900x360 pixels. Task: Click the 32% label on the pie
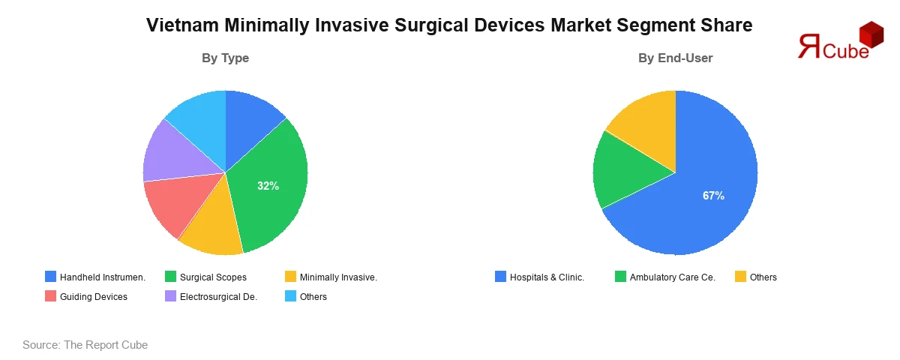click(268, 186)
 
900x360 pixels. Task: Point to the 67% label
click(713, 196)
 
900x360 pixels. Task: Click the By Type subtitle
click(225, 58)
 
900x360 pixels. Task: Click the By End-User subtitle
click(675, 58)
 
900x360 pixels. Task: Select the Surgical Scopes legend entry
click(205, 277)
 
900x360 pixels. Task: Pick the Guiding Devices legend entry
click(85, 296)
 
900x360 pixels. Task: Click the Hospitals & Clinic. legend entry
click(539, 277)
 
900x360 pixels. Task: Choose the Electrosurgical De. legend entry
click(211, 296)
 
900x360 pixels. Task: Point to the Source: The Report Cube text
click(85, 345)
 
